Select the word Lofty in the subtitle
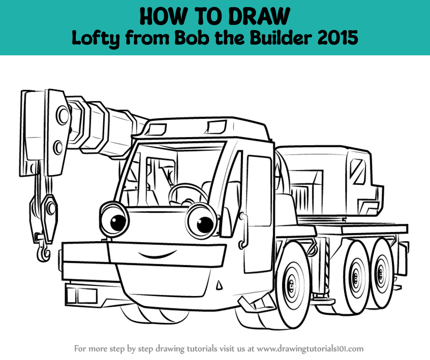pos(96,39)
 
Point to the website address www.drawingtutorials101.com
pos(310,349)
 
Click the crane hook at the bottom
pos(44,251)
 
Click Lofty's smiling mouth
pos(156,254)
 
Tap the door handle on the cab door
pos(243,231)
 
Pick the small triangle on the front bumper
pos(219,285)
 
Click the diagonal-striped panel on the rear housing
pos(357,171)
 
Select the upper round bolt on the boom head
pos(62,115)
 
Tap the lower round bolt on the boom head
pos(58,148)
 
